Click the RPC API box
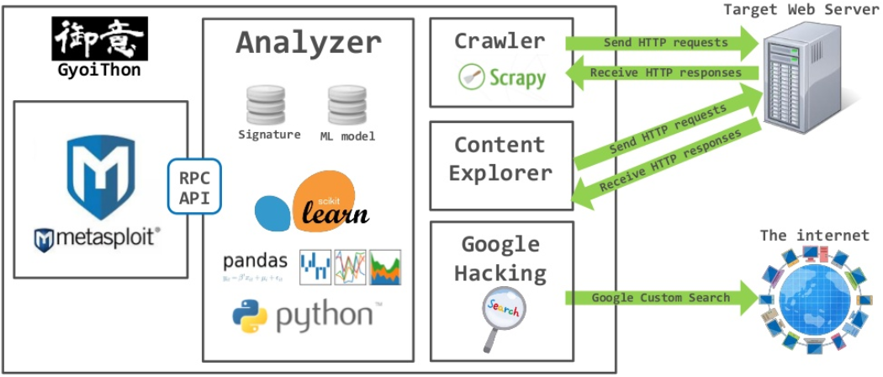[194, 188]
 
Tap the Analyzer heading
[308, 42]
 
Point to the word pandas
[255, 261]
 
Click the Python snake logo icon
[250, 316]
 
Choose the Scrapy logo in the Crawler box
[502, 78]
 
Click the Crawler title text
[500, 40]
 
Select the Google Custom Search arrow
[660, 298]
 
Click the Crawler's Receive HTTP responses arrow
[661, 73]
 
